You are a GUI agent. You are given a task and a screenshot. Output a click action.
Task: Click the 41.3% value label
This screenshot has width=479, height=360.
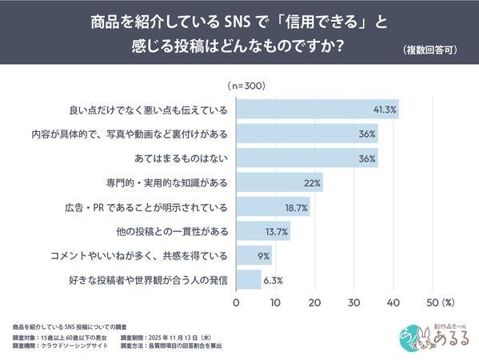tap(385, 109)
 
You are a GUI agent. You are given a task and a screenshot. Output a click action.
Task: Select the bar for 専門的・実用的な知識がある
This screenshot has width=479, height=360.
tap(279, 182)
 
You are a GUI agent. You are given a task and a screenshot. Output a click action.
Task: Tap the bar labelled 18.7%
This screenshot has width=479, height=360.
tap(273, 207)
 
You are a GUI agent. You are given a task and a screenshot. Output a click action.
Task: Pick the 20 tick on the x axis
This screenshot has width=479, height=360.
tap(314, 303)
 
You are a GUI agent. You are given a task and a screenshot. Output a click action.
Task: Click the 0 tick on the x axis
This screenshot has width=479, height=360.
tap(236, 303)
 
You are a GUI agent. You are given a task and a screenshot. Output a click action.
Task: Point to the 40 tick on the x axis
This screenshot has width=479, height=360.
tap(393, 303)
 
